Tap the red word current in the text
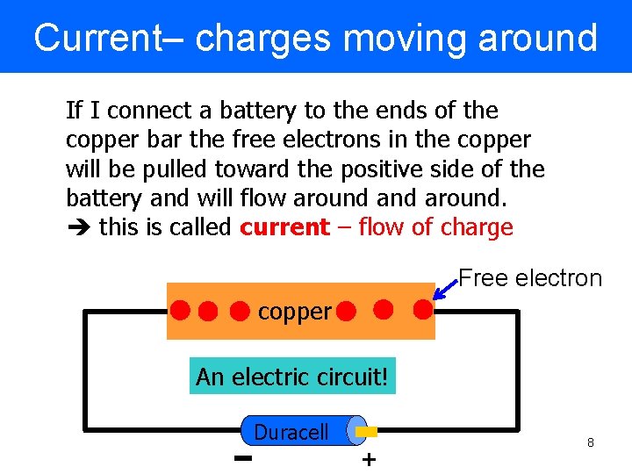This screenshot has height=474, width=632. point(284,227)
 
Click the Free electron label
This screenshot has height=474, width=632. point(530,279)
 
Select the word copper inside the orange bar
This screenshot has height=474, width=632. point(295,312)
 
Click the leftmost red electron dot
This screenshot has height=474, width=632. point(181,310)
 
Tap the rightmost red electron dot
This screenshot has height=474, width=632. point(422,309)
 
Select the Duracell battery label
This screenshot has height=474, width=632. point(291,432)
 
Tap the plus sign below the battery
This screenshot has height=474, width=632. point(369,459)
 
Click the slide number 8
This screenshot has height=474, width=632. point(591,443)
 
